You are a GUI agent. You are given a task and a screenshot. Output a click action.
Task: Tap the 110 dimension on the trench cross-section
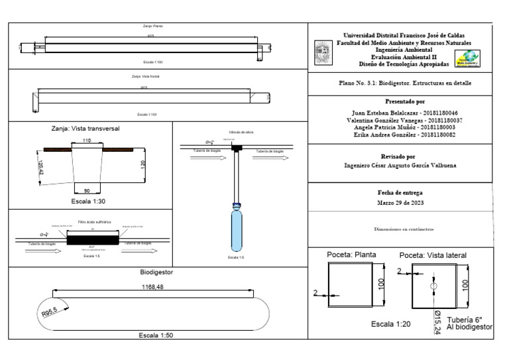[x=86, y=142]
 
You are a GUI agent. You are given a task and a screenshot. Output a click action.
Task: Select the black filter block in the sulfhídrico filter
[x=93, y=236]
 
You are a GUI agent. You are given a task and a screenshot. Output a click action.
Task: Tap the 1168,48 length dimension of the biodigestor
[x=153, y=287]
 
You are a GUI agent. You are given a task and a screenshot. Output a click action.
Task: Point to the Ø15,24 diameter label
[x=437, y=324]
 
